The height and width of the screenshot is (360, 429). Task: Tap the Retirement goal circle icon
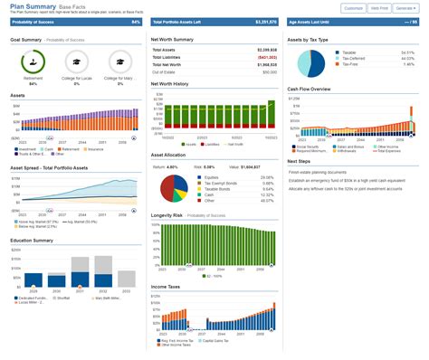pyautogui.click(x=33, y=62)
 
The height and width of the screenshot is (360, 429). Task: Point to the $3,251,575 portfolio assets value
pyautogui.click(x=266, y=22)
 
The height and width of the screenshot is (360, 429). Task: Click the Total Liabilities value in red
pyautogui.click(x=266, y=56)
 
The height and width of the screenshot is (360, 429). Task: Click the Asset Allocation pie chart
pyautogui.click(x=175, y=187)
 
